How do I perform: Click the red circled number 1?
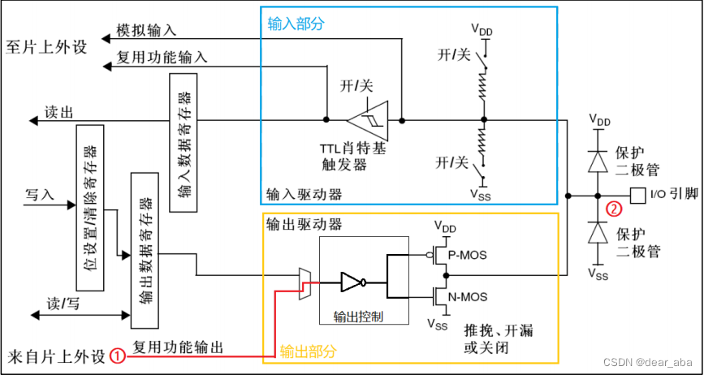(x=118, y=356)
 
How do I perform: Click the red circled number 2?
(x=615, y=209)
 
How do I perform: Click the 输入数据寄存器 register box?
(x=184, y=144)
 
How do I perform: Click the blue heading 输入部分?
(x=296, y=24)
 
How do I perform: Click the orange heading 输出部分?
(x=308, y=351)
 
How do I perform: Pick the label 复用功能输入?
(x=162, y=58)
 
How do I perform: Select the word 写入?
(x=39, y=196)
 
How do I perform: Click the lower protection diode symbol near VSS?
(x=598, y=234)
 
